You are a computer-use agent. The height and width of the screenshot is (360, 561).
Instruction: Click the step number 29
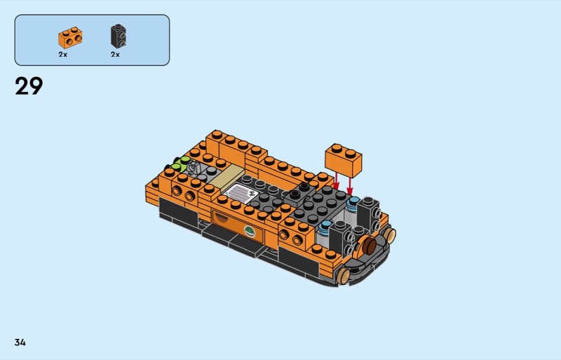pyautogui.click(x=29, y=86)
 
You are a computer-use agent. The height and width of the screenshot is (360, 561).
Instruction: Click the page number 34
pyautogui.click(x=20, y=342)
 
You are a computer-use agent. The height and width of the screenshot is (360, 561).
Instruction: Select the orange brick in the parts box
pyautogui.click(x=70, y=38)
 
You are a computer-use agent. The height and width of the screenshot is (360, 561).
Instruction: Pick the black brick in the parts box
pyautogui.click(x=118, y=36)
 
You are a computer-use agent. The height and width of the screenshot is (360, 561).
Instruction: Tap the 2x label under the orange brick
pyautogui.click(x=63, y=55)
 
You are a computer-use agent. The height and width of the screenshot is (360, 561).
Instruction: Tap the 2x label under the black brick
pyautogui.click(x=115, y=55)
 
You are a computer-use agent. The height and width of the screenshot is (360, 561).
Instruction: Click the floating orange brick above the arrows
pyautogui.click(x=343, y=160)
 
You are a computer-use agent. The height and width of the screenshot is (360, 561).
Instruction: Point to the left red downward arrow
pyautogui.click(x=337, y=180)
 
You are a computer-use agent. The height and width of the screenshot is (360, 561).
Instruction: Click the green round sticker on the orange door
pyautogui.click(x=250, y=232)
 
